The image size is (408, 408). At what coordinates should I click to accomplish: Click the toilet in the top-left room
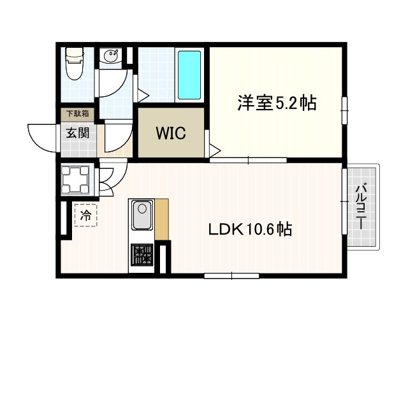pos(75,63)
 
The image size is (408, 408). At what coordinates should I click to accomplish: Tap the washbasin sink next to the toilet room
pos(111,55)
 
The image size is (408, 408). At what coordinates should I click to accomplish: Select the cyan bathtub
pos(189,75)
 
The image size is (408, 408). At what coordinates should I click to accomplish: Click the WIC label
pos(171,133)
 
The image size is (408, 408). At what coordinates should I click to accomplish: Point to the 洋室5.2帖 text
pos(277,103)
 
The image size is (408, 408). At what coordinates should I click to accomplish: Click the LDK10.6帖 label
pos(250,229)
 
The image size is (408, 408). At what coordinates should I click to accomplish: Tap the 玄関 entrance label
pos(78,133)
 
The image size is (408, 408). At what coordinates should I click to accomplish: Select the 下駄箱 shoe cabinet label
pos(78,113)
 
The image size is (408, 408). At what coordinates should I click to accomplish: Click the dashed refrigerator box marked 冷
pos(86,215)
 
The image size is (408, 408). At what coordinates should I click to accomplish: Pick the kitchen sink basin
pos(142,215)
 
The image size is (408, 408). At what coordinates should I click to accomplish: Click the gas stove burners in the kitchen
pos(142,255)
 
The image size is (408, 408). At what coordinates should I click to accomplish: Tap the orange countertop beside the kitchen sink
pos(161,219)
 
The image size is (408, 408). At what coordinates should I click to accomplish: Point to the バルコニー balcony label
pos(361,207)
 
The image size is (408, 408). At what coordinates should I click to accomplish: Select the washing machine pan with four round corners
pos(75,179)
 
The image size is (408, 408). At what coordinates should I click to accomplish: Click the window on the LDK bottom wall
pos(231,276)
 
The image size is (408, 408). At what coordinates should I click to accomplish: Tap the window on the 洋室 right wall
pos(344,110)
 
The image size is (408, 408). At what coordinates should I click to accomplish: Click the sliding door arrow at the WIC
pos(215,150)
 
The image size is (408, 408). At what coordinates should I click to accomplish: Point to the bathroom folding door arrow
pos(143,96)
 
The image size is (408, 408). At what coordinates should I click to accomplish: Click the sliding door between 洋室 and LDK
pos(248,160)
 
